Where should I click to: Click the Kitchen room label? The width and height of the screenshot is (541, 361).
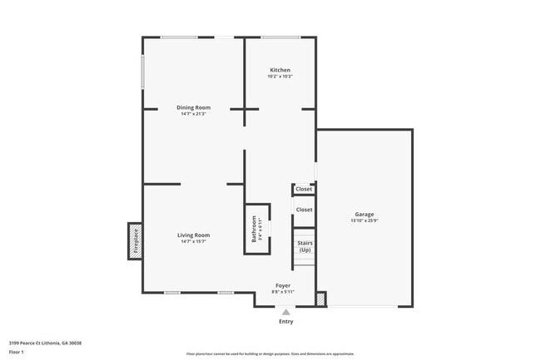(x=280, y=69)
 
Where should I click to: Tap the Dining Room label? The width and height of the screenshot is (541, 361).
(x=193, y=107)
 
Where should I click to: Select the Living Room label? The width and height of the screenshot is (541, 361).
(x=193, y=235)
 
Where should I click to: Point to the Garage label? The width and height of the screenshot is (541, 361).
(x=365, y=214)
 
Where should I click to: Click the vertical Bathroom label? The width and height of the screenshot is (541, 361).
(x=255, y=229)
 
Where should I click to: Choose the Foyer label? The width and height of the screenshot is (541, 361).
(x=283, y=285)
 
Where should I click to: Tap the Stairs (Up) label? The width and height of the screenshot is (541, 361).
(x=305, y=246)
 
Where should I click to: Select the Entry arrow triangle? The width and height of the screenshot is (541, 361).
(x=285, y=312)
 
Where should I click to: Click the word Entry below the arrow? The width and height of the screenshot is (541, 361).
(x=285, y=321)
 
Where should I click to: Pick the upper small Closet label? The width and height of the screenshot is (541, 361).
(x=304, y=189)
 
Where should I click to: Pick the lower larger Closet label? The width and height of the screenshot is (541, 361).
(x=304, y=210)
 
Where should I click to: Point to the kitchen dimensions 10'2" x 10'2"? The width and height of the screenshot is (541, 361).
(x=280, y=77)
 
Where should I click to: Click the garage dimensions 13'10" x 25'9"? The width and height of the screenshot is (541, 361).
(x=365, y=220)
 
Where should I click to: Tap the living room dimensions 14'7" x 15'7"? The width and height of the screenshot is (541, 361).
(x=193, y=242)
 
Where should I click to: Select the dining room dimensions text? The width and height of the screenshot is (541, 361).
(x=193, y=114)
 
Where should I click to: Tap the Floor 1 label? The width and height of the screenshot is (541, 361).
(x=17, y=352)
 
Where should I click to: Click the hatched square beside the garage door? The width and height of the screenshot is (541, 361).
(x=321, y=298)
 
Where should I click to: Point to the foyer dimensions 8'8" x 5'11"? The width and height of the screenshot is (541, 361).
(x=283, y=292)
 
